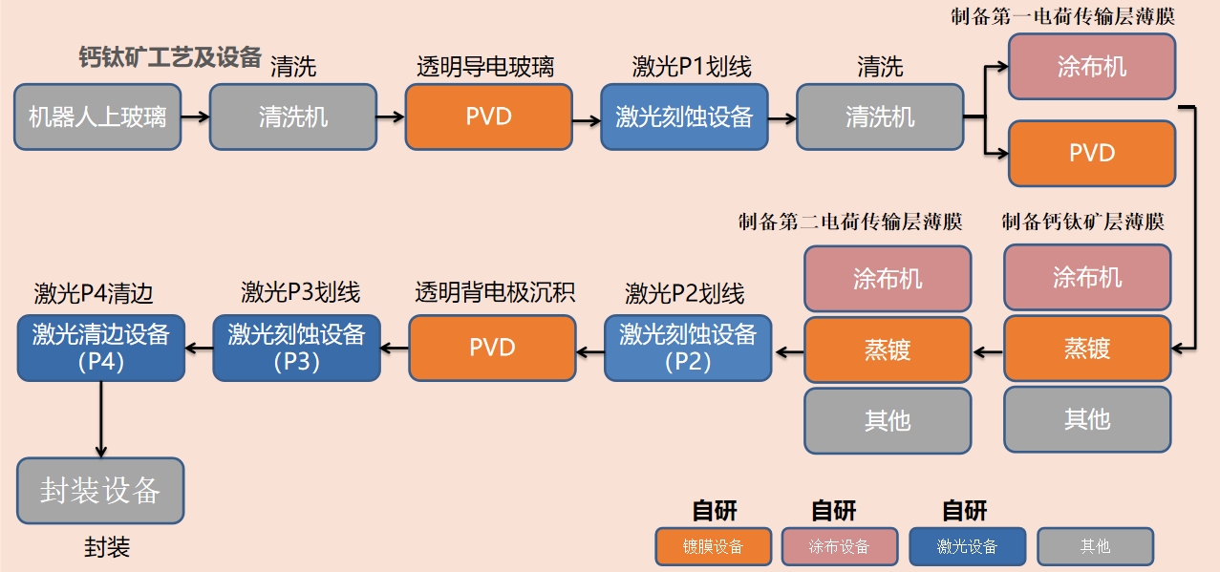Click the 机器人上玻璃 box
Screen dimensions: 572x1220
click(x=97, y=117)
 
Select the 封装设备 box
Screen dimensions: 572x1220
click(x=100, y=491)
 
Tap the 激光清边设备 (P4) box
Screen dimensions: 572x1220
click(x=101, y=348)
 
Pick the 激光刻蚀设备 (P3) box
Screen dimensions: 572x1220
click(x=296, y=348)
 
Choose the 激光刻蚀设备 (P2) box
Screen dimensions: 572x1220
click(x=688, y=348)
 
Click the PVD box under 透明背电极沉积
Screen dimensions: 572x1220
click(x=492, y=348)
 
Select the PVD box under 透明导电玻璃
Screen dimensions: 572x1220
click(x=488, y=117)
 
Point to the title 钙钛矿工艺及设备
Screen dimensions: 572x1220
click(x=170, y=57)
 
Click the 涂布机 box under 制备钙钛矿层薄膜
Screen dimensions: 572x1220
click(x=1087, y=278)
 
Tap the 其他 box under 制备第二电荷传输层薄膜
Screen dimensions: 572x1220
click(x=888, y=419)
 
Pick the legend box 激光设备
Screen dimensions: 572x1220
click(x=967, y=546)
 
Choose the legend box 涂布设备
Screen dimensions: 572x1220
click(x=839, y=546)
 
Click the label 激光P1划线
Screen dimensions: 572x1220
click(x=692, y=67)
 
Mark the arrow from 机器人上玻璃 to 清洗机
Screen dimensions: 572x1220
click(x=195, y=117)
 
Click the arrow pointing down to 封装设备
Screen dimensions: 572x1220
click(x=100, y=420)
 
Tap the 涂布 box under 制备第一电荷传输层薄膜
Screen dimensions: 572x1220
click(x=1091, y=67)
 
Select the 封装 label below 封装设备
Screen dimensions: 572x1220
click(x=107, y=547)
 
